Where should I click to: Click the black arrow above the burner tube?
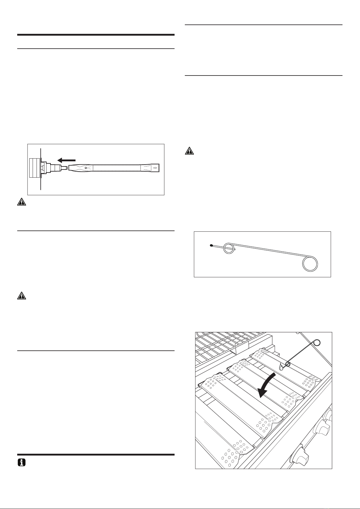pyautogui.click(x=66, y=160)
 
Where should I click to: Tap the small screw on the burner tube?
pyautogui.click(x=86, y=167)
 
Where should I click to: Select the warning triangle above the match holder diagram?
pyautogui.click(x=189, y=151)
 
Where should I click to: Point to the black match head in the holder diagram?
pyautogui.click(x=211, y=246)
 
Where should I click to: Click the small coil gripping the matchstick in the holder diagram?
pyautogui.click(x=229, y=250)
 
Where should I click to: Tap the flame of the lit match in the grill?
pyautogui.click(x=281, y=367)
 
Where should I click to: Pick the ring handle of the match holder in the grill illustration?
pyautogui.click(x=317, y=343)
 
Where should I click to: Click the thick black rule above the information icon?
pyautogui.click(x=96, y=454)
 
